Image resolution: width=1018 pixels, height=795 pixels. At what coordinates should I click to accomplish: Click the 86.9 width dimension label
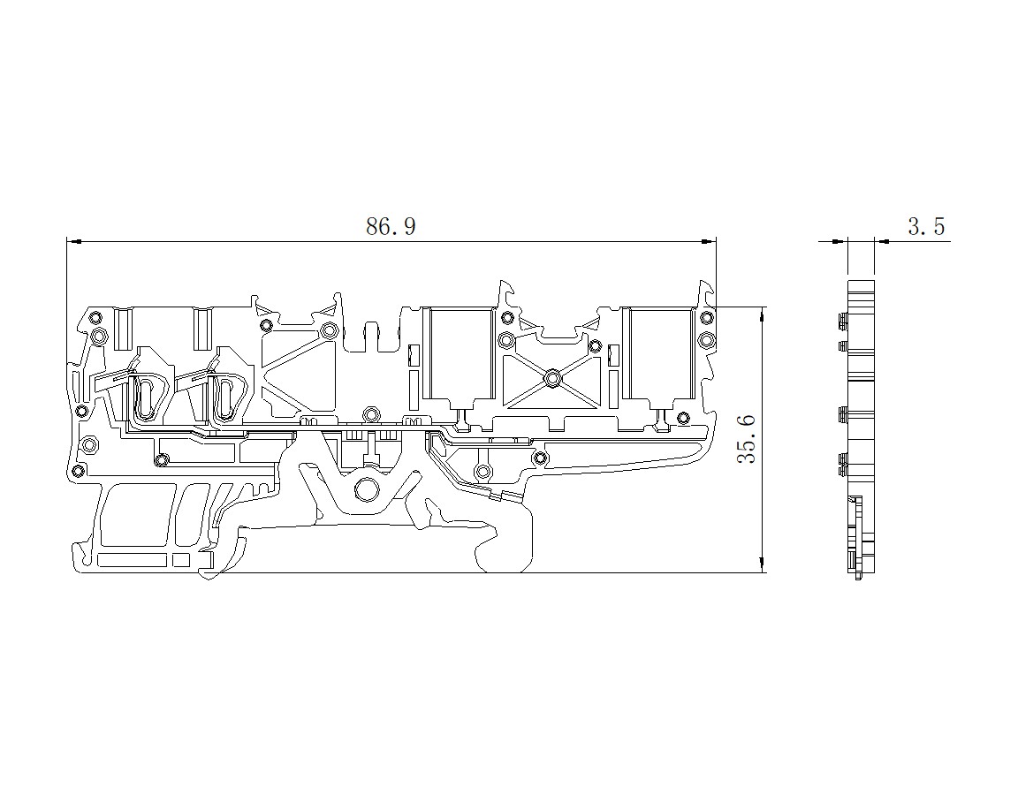(391, 226)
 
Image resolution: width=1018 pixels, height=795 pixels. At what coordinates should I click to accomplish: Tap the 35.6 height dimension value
(748, 439)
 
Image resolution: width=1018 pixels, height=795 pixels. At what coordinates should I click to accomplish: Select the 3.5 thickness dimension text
(926, 226)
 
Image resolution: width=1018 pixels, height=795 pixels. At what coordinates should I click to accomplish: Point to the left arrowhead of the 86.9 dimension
(74, 241)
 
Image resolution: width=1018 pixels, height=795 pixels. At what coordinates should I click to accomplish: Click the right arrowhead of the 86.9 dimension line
(709, 241)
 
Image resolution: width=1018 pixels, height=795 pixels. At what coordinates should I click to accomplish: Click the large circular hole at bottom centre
(367, 489)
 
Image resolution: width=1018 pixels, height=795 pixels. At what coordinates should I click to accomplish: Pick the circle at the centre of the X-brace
(552, 376)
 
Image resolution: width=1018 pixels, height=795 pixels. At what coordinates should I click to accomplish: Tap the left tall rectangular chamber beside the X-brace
(459, 353)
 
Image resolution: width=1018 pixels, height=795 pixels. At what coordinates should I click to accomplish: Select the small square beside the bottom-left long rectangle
(181, 561)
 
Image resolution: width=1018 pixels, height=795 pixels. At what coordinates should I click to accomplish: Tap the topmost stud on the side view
(841, 319)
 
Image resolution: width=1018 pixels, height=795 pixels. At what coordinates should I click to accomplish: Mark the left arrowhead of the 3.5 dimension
(840, 241)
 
